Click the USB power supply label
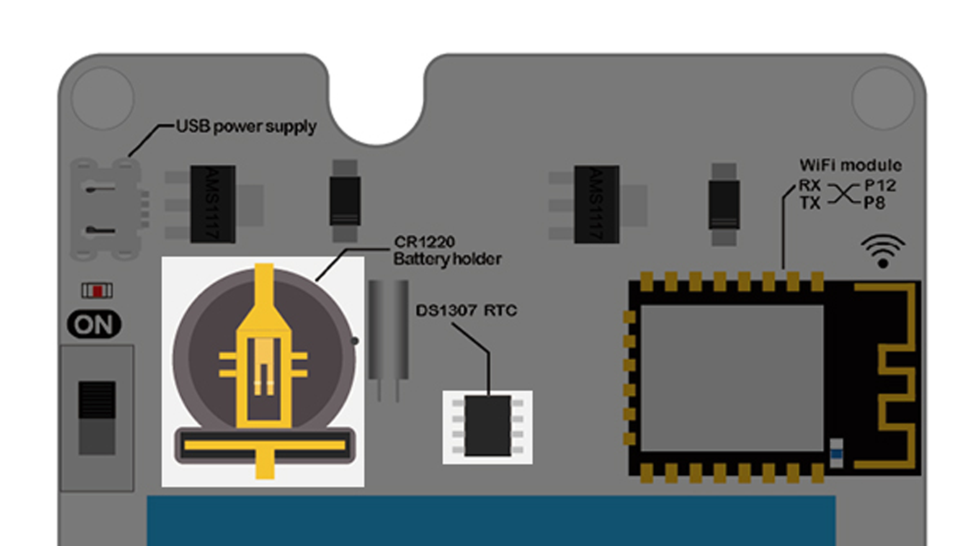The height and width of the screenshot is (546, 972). (x=246, y=126)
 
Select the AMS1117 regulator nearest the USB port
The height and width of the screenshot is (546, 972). (x=212, y=204)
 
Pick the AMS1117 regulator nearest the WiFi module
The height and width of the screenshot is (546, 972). (x=596, y=204)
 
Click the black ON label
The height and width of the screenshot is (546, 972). (x=94, y=324)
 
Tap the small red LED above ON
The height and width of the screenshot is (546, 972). (x=98, y=290)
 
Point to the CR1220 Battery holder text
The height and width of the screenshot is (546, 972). (x=447, y=251)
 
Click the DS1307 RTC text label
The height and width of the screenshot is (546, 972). (x=467, y=311)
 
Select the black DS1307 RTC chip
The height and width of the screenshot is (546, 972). (x=487, y=426)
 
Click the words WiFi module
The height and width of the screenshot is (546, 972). (x=850, y=165)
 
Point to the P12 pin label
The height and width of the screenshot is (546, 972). (x=880, y=186)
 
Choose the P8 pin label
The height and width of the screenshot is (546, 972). (x=875, y=203)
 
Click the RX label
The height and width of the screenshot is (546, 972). (x=810, y=186)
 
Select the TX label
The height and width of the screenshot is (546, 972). (x=810, y=203)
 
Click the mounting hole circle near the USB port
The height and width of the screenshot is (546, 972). (x=102, y=98)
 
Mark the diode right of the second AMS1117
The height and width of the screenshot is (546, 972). (x=723, y=204)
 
